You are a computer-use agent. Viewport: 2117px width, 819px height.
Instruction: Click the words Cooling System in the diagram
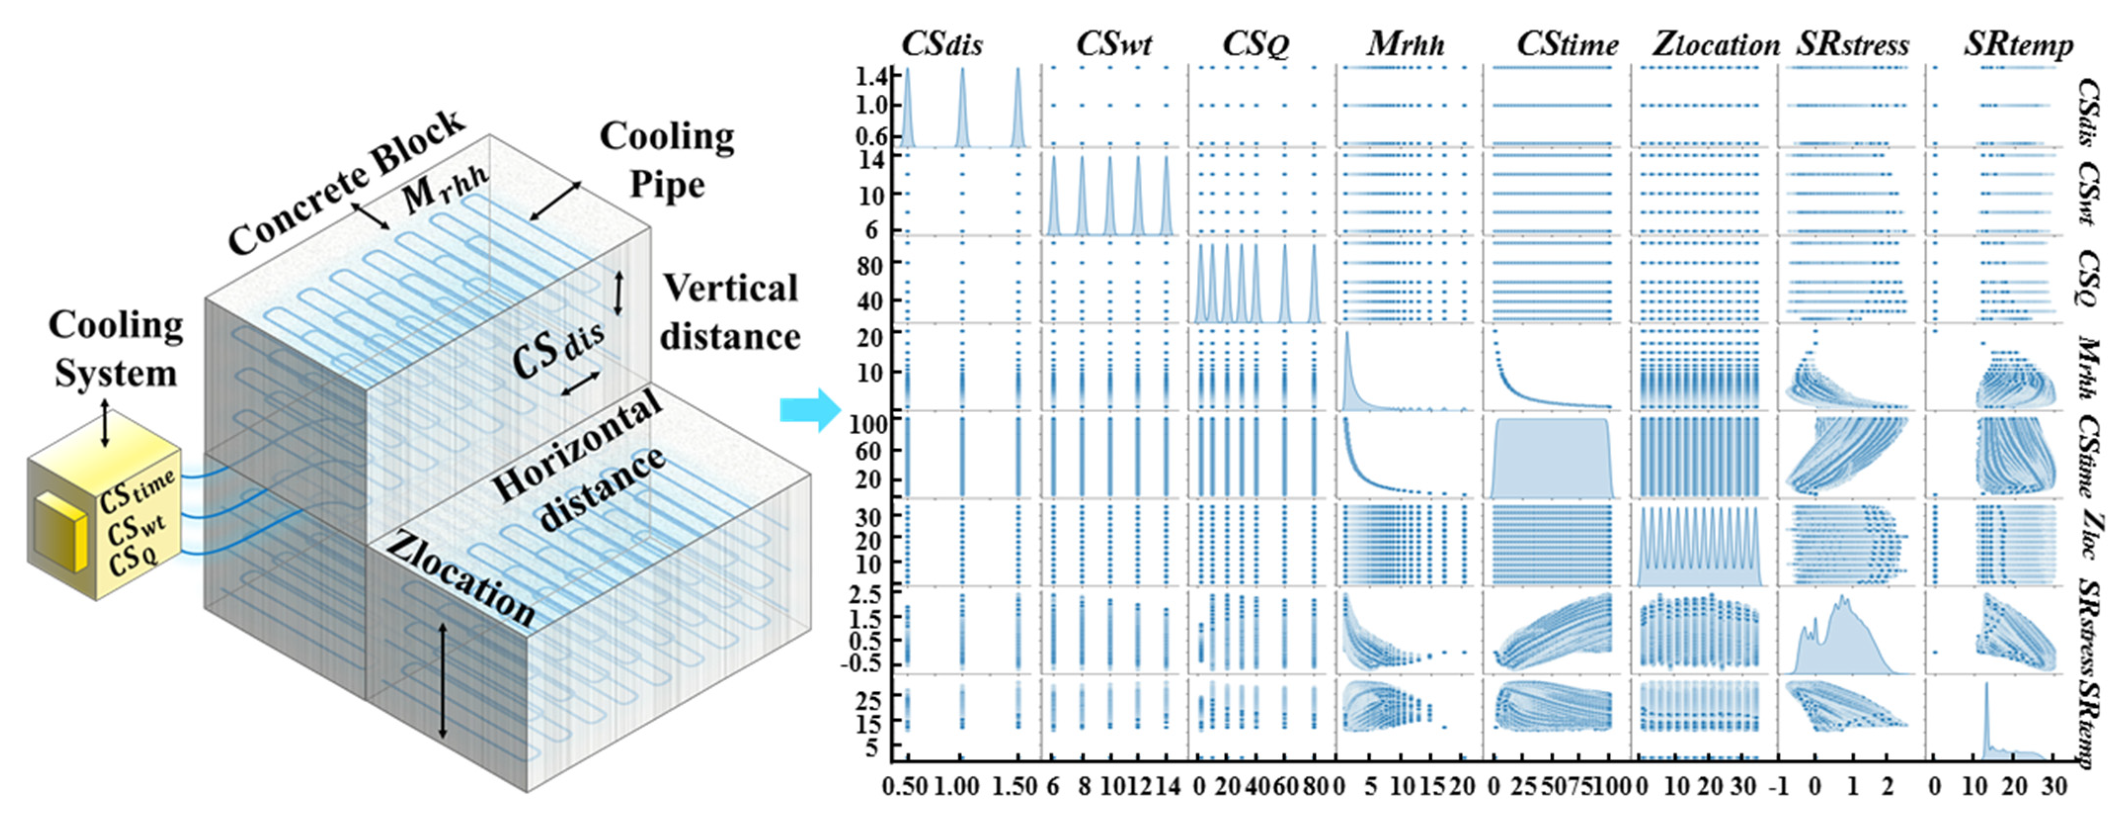tap(115, 349)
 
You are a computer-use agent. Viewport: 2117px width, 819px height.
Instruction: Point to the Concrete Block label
tap(345, 182)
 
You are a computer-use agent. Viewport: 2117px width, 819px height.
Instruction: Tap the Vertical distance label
tap(730, 312)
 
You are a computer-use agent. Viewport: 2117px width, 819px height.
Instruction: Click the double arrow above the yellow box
tap(104, 423)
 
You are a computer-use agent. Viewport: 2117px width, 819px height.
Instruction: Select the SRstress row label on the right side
tap(2094, 632)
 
